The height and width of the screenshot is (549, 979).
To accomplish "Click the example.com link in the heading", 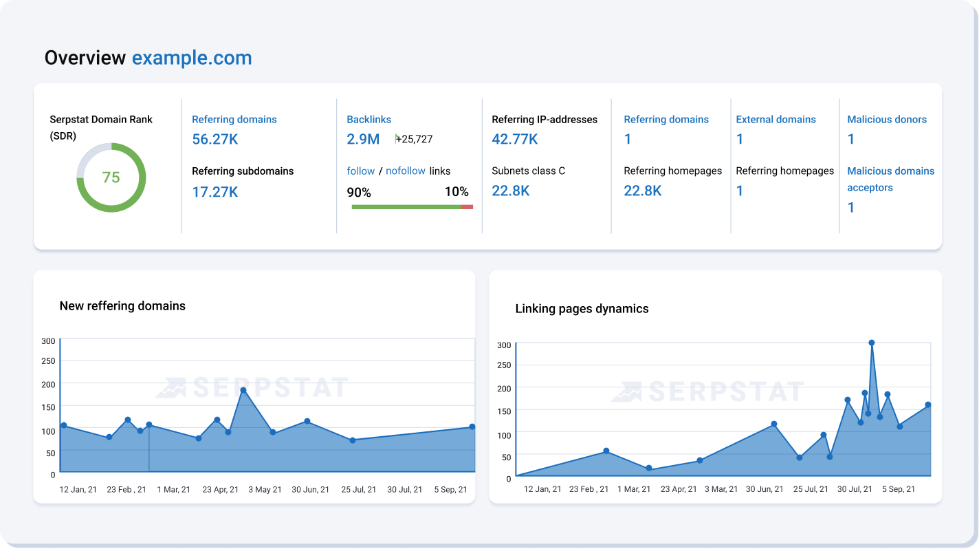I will coord(192,58).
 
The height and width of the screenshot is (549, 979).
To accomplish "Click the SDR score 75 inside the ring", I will coord(111,177).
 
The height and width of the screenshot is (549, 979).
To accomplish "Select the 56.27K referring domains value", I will coord(214,139).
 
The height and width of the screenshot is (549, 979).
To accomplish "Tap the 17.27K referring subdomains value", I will coord(214,192).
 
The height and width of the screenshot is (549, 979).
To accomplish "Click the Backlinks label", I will coord(368,119).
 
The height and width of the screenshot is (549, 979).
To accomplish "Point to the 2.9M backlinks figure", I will coord(363,139).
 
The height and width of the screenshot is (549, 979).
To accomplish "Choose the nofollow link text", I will coord(405,171).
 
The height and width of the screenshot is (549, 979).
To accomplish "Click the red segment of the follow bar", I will coord(467,206).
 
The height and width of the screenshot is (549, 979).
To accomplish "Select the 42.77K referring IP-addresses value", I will coord(514,139).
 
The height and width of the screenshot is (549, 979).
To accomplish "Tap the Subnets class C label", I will coord(528,171).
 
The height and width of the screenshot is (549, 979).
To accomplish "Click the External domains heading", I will coord(775,119).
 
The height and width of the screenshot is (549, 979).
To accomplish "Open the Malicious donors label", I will coord(886,119).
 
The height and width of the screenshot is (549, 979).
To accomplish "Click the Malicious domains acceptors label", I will coord(890,179).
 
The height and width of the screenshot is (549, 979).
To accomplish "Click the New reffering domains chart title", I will coord(122,306).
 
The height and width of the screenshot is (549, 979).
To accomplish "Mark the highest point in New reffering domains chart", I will coord(243,390).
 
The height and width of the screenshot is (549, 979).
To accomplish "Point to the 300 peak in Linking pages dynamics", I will coord(871,343).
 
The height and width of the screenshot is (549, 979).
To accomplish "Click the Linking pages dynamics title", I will coord(582,309).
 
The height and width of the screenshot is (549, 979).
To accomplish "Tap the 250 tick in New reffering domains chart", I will coord(48,361).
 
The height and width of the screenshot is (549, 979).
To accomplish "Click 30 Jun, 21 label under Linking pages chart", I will coord(764,489).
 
